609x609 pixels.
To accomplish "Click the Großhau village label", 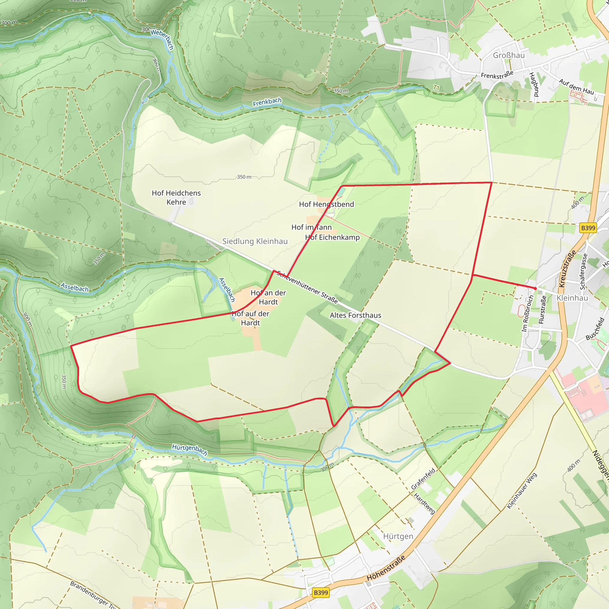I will [509, 56].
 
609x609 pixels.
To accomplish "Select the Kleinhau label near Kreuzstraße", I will [572, 298].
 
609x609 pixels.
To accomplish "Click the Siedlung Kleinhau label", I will [255, 241].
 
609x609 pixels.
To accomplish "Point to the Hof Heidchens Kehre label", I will [176, 198].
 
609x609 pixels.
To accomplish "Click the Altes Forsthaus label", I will [355, 315].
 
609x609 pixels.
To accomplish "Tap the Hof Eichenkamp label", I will [332, 237].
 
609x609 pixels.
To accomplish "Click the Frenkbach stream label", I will [267, 102].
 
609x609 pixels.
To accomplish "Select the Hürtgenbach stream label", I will [189, 450].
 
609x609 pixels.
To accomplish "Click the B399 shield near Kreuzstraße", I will [588, 228].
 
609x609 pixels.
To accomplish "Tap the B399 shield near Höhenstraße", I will [321, 593].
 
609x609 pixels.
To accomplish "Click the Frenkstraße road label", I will [497, 75].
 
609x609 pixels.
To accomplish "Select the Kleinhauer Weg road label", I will [522, 491].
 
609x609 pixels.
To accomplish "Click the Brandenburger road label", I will [93, 594].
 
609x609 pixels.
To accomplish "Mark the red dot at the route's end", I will [535, 288].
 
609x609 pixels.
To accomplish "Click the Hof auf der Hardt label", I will [251, 318].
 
